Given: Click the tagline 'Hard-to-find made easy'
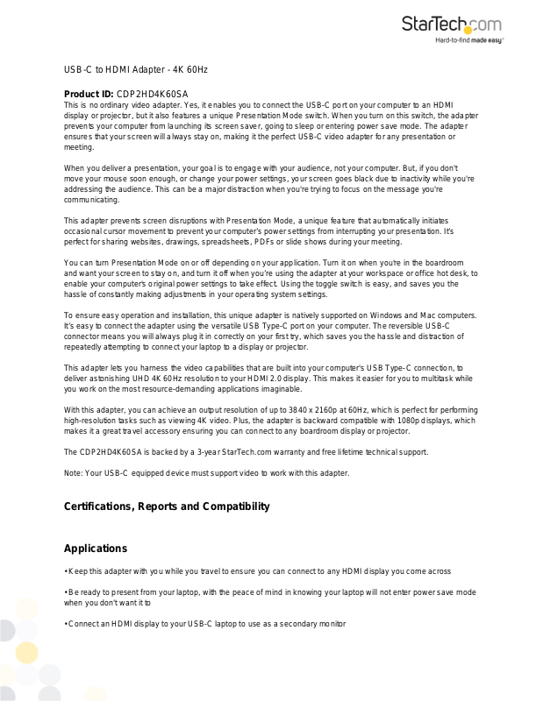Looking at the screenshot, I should click(x=469, y=40).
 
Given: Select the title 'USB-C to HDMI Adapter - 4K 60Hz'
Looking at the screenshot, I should click(x=135, y=68).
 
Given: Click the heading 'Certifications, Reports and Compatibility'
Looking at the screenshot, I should click(x=167, y=506).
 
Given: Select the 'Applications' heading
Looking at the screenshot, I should click(x=96, y=549).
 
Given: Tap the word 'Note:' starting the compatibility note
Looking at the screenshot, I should click(x=75, y=473).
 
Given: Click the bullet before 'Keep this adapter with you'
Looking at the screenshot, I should click(x=66, y=570).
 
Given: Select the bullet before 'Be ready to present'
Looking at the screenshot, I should click(x=66, y=592).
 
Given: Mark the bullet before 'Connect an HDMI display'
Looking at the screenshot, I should click(x=66, y=624).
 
